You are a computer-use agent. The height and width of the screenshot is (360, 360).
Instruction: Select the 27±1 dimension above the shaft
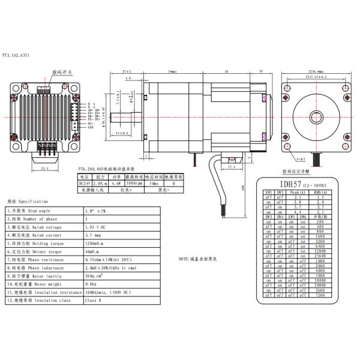(126, 70)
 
